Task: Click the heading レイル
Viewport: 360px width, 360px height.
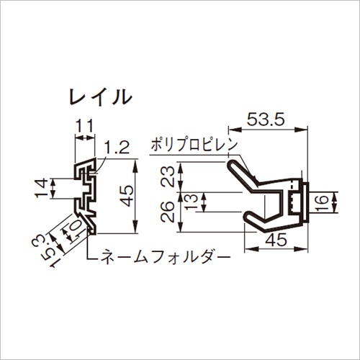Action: coord(101,97)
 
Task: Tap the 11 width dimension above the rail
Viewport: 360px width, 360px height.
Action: coord(84,126)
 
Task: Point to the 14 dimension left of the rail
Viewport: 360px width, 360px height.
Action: coord(41,188)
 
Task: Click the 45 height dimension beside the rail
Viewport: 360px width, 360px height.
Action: coord(126,196)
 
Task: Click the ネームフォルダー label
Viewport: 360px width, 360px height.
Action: coord(166,257)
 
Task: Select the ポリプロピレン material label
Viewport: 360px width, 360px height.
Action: coord(194,145)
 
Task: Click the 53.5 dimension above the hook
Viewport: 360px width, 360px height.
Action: coord(266,120)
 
